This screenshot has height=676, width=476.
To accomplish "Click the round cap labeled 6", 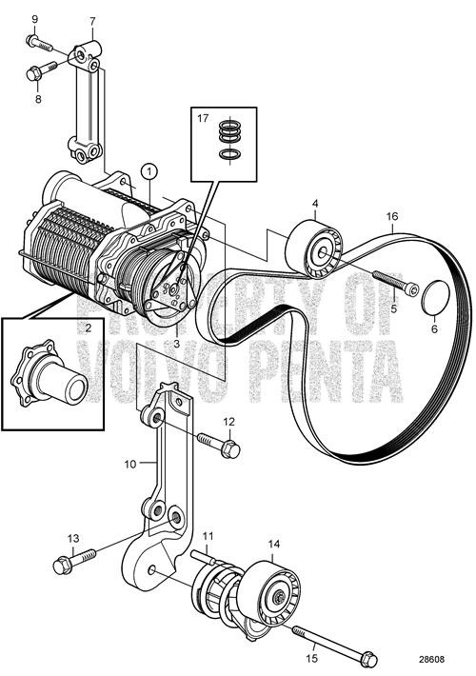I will pos(435,297).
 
